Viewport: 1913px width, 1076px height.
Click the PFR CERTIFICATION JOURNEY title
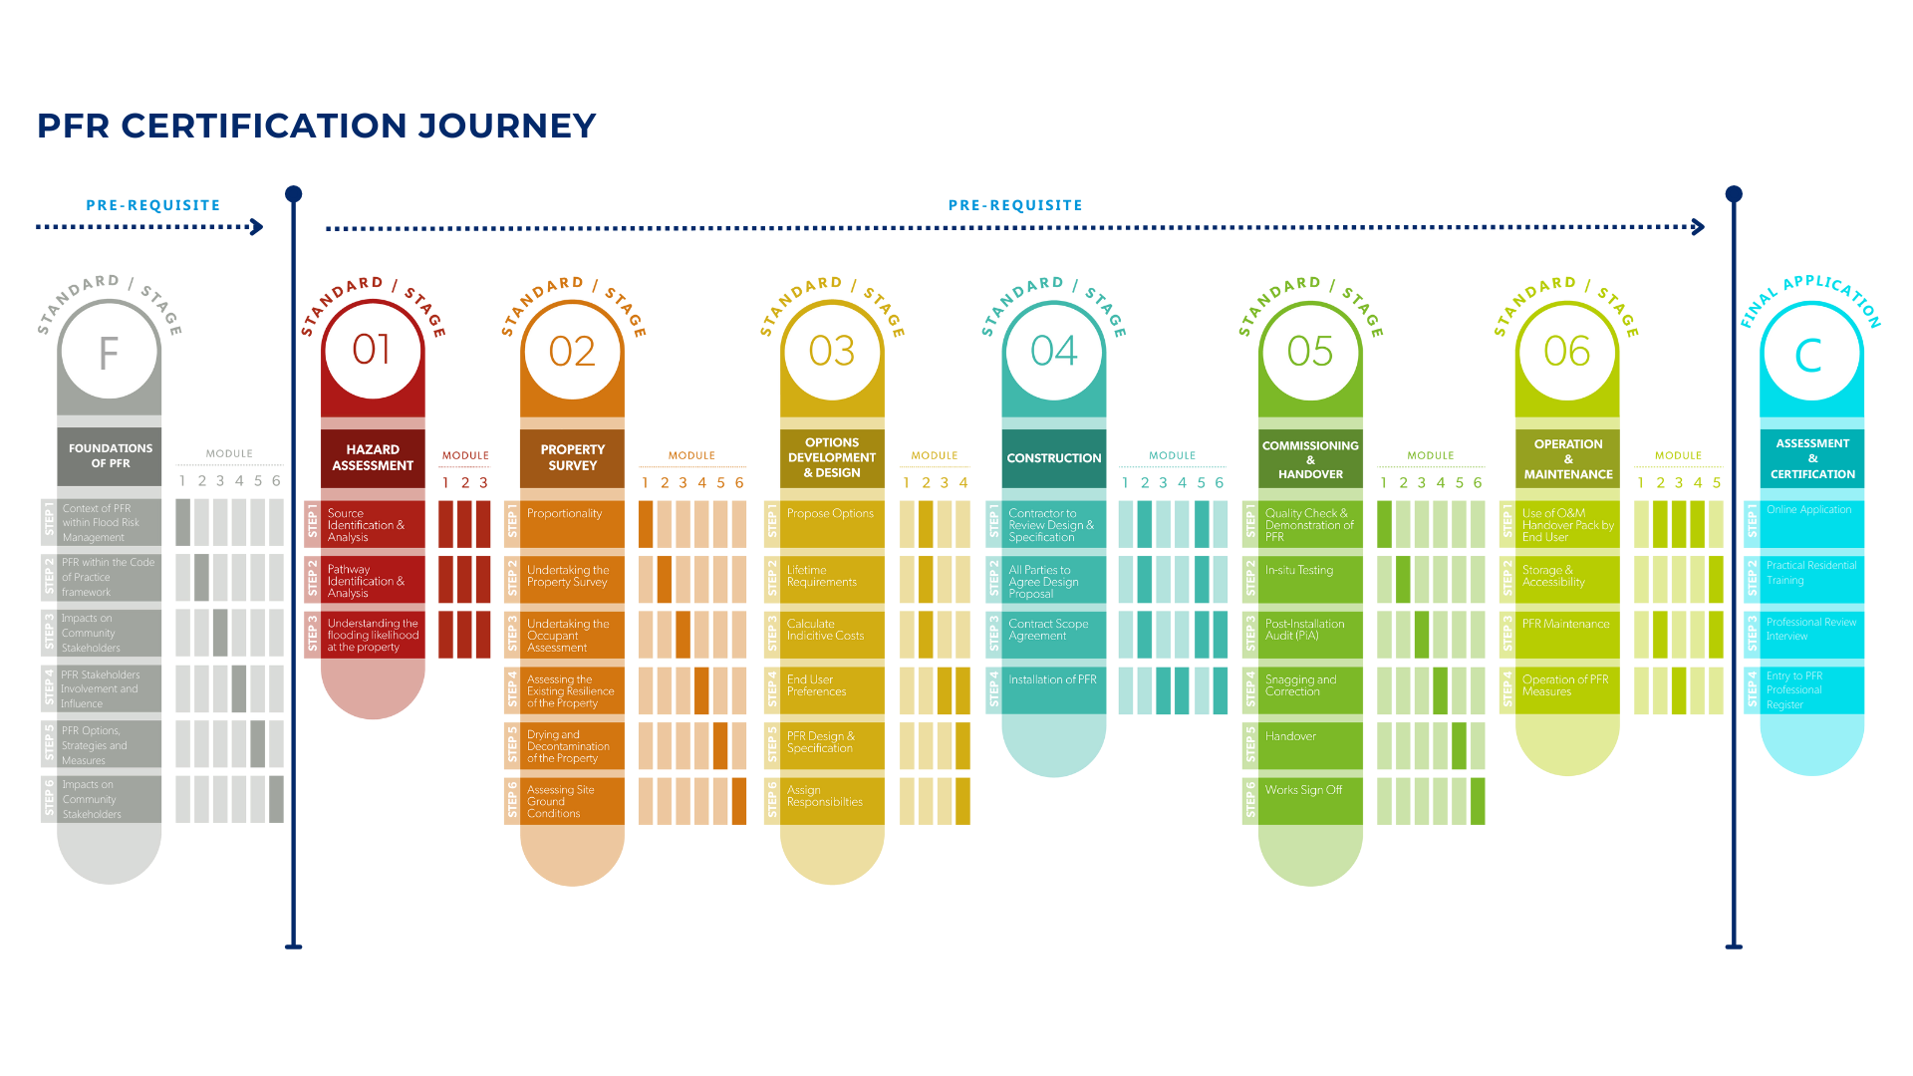point(317,127)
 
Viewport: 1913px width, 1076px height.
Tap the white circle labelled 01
point(372,350)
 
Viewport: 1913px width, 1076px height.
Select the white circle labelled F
point(109,353)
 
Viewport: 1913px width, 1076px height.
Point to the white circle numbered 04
point(1053,351)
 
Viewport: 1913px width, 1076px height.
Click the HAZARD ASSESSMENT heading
point(373,458)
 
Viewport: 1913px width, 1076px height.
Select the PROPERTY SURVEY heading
point(572,458)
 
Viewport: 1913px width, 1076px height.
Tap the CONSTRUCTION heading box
point(1053,458)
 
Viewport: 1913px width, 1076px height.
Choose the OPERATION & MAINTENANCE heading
point(1567,459)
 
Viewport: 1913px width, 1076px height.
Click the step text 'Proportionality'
point(564,514)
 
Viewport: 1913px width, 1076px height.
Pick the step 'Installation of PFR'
point(1052,680)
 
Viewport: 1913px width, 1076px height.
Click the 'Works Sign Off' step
point(1303,790)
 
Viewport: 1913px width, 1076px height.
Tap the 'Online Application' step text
point(1808,510)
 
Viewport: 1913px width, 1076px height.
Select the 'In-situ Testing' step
point(1298,571)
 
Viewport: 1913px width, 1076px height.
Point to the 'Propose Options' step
point(830,514)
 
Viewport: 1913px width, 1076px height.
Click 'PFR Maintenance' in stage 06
point(1565,625)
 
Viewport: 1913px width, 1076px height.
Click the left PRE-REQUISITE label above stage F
point(152,205)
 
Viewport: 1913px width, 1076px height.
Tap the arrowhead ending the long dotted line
point(1699,227)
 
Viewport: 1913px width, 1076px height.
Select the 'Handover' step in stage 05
point(1290,737)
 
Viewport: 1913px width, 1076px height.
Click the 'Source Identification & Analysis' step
point(366,525)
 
